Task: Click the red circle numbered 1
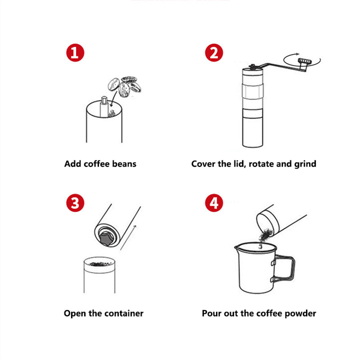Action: click(75, 53)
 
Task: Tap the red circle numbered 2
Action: click(214, 53)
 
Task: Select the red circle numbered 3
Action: click(75, 202)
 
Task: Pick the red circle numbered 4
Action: click(214, 202)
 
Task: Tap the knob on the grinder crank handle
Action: click(304, 61)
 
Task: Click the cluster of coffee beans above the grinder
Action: click(124, 86)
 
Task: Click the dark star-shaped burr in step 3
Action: click(106, 239)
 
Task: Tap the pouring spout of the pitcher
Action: click(237, 247)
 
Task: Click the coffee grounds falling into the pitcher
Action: click(265, 236)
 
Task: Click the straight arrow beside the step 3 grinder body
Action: click(128, 238)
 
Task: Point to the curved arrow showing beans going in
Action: click(113, 99)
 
